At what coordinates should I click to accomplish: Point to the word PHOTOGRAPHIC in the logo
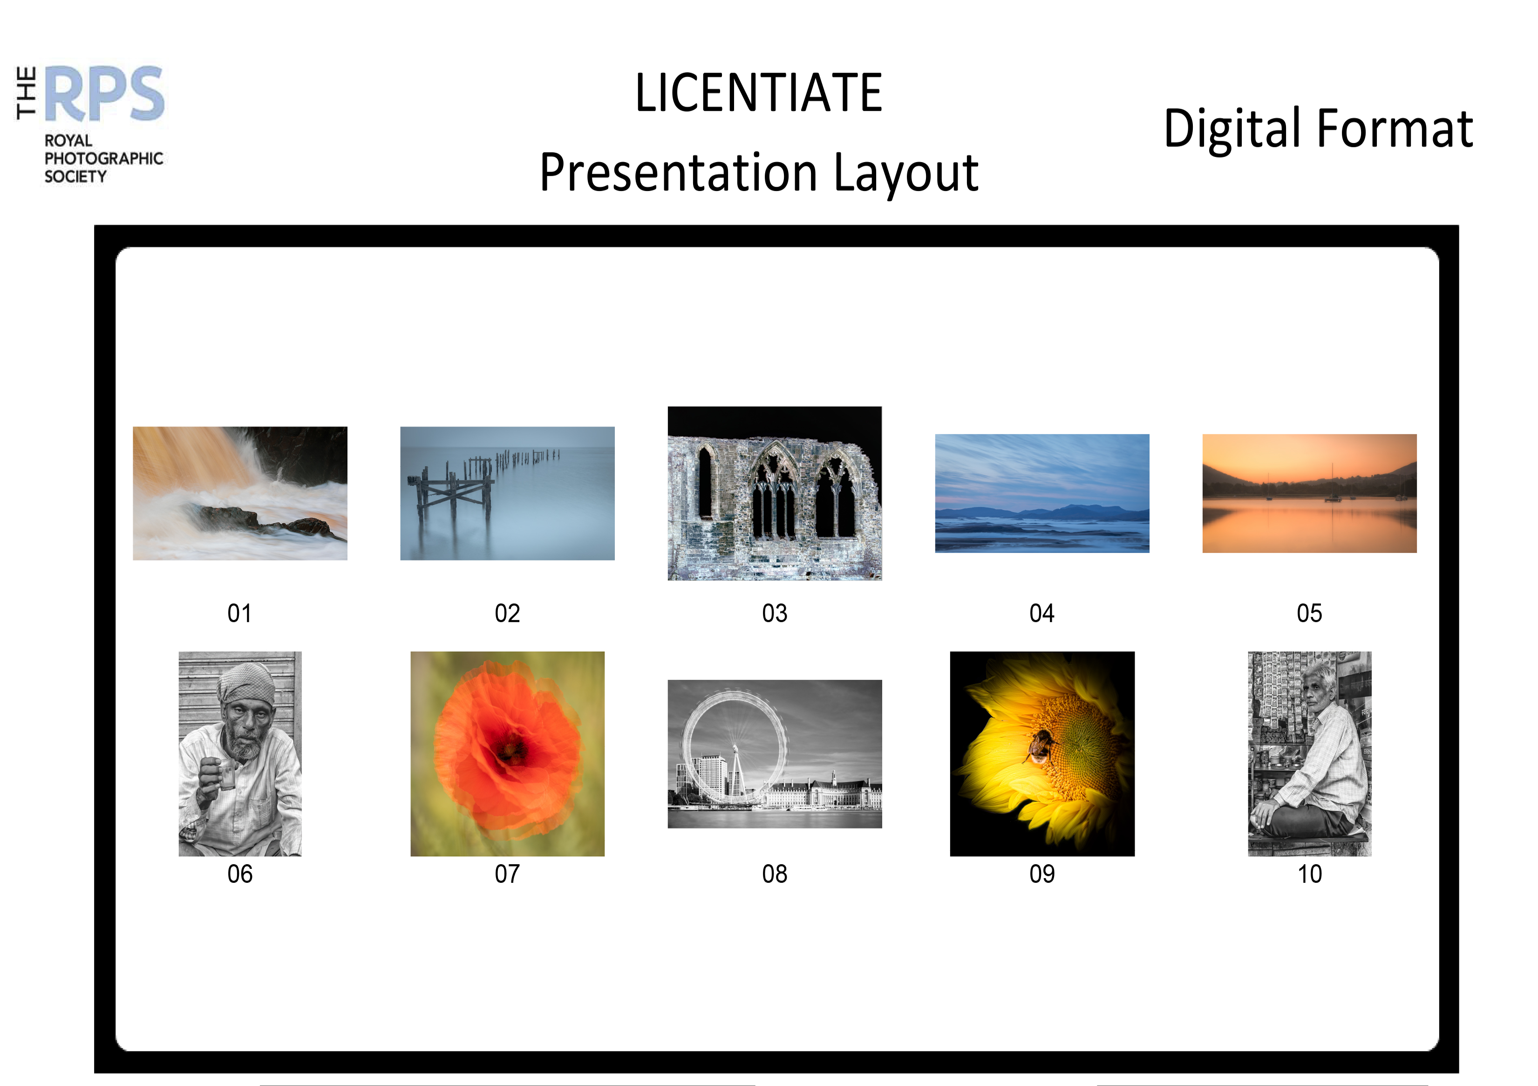(x=104, y=159)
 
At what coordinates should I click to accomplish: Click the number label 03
(x=775, y=613)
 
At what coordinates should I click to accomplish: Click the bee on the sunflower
(x=1039, y=745)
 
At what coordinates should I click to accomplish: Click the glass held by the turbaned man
(x=228, y=776)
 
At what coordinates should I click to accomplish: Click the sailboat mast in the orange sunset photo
(x=1332, y=480)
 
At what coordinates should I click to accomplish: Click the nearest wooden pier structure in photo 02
(x=451, y=494)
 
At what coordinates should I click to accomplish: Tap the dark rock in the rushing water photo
(x=268, y=520)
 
